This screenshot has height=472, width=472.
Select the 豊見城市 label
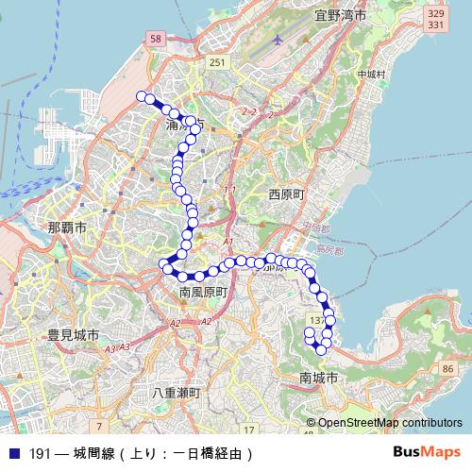click(74, 335)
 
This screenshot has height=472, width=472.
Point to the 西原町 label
click(286, 194)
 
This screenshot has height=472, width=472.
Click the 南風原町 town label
click(204, 294)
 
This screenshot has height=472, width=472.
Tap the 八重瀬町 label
click(176, 392)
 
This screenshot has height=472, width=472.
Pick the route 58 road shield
click(155, 37)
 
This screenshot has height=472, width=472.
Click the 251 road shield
click(218, 62)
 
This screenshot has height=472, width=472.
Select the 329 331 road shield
click(435, 20)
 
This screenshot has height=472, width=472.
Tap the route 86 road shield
click(447, 367)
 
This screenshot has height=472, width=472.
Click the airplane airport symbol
click(276, 41)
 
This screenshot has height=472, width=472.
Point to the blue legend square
click(13, 453)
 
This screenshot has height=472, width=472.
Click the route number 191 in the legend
click(39, 453)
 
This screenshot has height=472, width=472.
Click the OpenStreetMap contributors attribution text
click(390, 423)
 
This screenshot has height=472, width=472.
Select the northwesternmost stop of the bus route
click(142, 96)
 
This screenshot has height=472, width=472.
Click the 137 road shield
click(316, 322)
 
